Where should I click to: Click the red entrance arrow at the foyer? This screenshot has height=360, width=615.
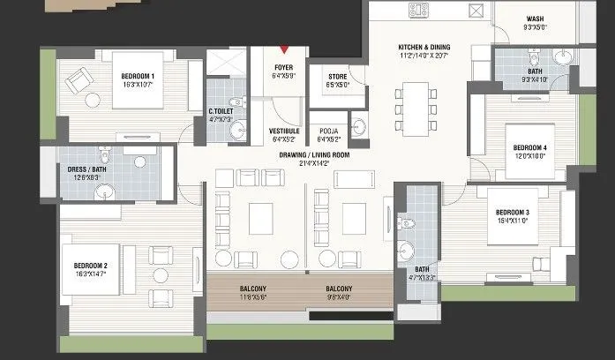[284, 51]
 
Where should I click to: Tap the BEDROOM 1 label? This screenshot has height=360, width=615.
[138, 76]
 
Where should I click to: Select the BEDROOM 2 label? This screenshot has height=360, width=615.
[90, 266]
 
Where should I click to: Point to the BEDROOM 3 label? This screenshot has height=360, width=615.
[512, 213]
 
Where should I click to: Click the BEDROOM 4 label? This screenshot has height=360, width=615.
[530, 146]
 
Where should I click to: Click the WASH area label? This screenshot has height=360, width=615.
[535, 18]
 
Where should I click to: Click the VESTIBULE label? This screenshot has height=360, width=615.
[284, 130]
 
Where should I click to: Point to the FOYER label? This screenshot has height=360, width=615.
[284, 66]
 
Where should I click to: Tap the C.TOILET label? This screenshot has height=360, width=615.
[220, 111]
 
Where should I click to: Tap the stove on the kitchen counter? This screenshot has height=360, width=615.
[418, 11]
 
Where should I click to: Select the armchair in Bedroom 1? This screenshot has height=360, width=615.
[77, 81]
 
